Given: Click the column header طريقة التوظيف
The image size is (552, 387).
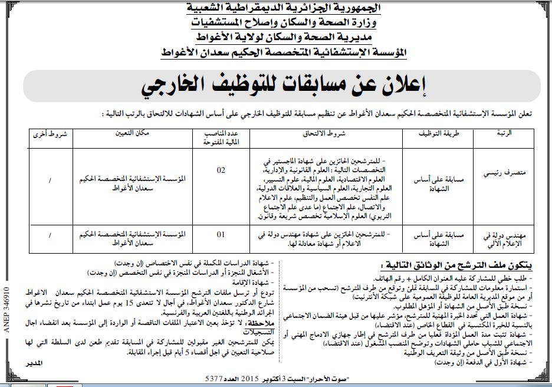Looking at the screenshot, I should tap(438, 134).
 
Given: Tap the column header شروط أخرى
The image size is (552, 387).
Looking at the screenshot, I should tap(50, 134).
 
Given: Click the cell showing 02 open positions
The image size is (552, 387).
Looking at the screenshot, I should tap(221, 170).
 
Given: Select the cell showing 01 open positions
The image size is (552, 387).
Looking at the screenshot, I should tap(221, 234).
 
